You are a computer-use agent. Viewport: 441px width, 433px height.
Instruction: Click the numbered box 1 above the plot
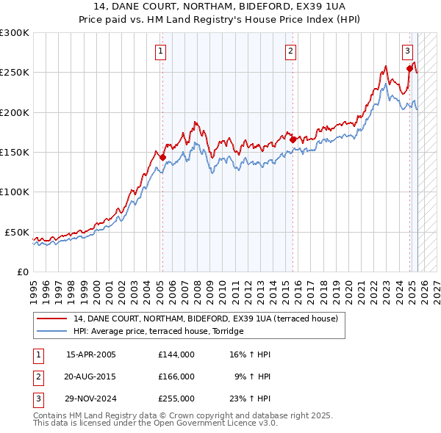(x=160, y=51)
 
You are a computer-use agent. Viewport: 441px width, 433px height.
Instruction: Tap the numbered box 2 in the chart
(x=291, y=51)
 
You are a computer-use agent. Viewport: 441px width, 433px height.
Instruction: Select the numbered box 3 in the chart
(x=407, y=51)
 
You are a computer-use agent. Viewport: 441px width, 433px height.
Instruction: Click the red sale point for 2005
(x=162, y=157)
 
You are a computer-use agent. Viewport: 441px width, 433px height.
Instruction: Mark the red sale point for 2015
(x=293, y=139)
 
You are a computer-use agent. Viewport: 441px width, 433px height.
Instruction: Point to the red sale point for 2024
(x=409, y=68)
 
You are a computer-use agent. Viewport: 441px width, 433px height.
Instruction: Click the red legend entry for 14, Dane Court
(x=205, y=319)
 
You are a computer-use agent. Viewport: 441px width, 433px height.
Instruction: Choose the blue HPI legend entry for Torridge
(x=158, y=332)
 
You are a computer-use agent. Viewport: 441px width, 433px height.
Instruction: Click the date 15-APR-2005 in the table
(x=91, y=354)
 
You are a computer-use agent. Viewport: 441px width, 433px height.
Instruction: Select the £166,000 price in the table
(x=176, y=376)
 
